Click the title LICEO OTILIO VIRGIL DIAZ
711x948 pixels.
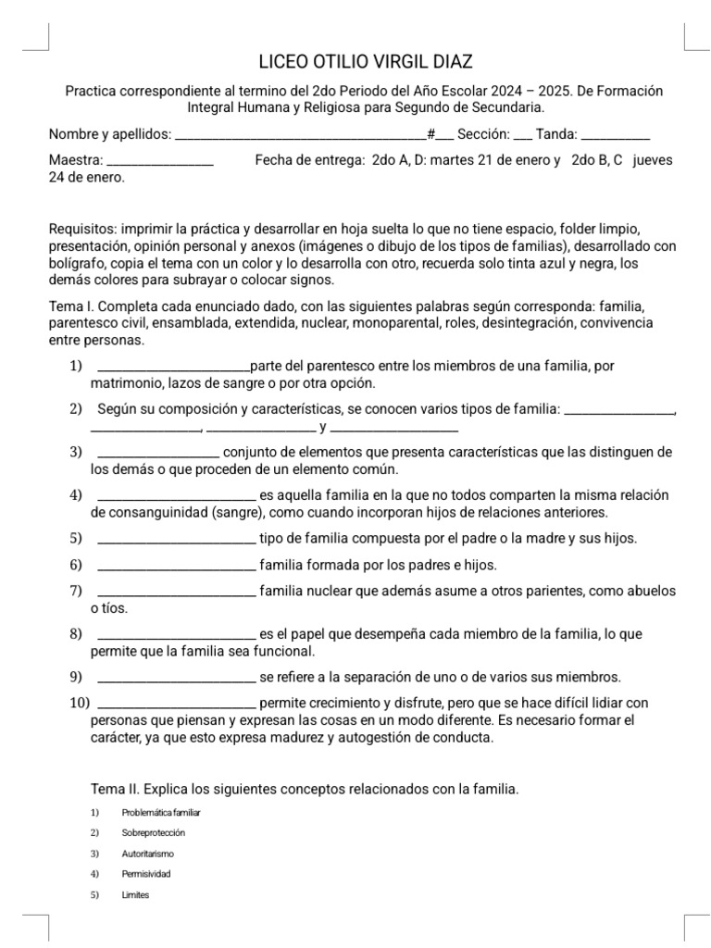coord(365,62)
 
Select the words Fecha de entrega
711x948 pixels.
coord(309,160)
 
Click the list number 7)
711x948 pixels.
coord(76,591)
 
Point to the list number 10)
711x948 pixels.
coord(79,702)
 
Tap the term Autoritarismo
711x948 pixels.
coord(147,854)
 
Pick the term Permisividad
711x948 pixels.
coord(146,874)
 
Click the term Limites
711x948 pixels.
coord(135,895)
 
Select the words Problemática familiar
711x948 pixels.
coord(161,813)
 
